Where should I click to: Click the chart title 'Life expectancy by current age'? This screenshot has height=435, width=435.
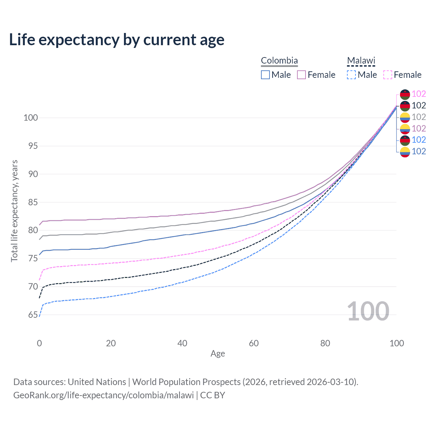(117, 40)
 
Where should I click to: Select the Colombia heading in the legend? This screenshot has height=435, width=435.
(279, 61)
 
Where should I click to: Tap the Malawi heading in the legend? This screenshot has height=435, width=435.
(361, 61)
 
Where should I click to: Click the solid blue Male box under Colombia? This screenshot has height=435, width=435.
(265, 75)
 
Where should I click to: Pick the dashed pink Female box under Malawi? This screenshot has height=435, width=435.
(388, 75)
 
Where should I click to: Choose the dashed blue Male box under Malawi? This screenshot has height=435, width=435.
(351, 75)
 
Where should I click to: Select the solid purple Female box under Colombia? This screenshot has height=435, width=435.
(301, 75)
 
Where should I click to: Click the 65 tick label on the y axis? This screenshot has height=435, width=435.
(33, 315)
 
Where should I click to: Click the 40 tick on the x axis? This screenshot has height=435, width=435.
(182, 343)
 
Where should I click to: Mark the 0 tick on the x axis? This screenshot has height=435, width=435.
(39, 343)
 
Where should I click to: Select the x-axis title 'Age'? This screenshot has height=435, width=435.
(218, 354)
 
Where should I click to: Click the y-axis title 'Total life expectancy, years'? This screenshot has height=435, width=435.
(14, 211)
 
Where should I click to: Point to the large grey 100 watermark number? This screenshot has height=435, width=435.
(368, 311)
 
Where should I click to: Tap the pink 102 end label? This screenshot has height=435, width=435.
(419, 94)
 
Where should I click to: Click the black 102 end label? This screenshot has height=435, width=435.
(419, 105)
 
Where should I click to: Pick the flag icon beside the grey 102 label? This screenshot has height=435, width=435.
(405, 117)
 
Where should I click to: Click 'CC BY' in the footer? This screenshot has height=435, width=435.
(213, 395)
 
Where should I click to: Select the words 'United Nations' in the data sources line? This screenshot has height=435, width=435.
(97, 382)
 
